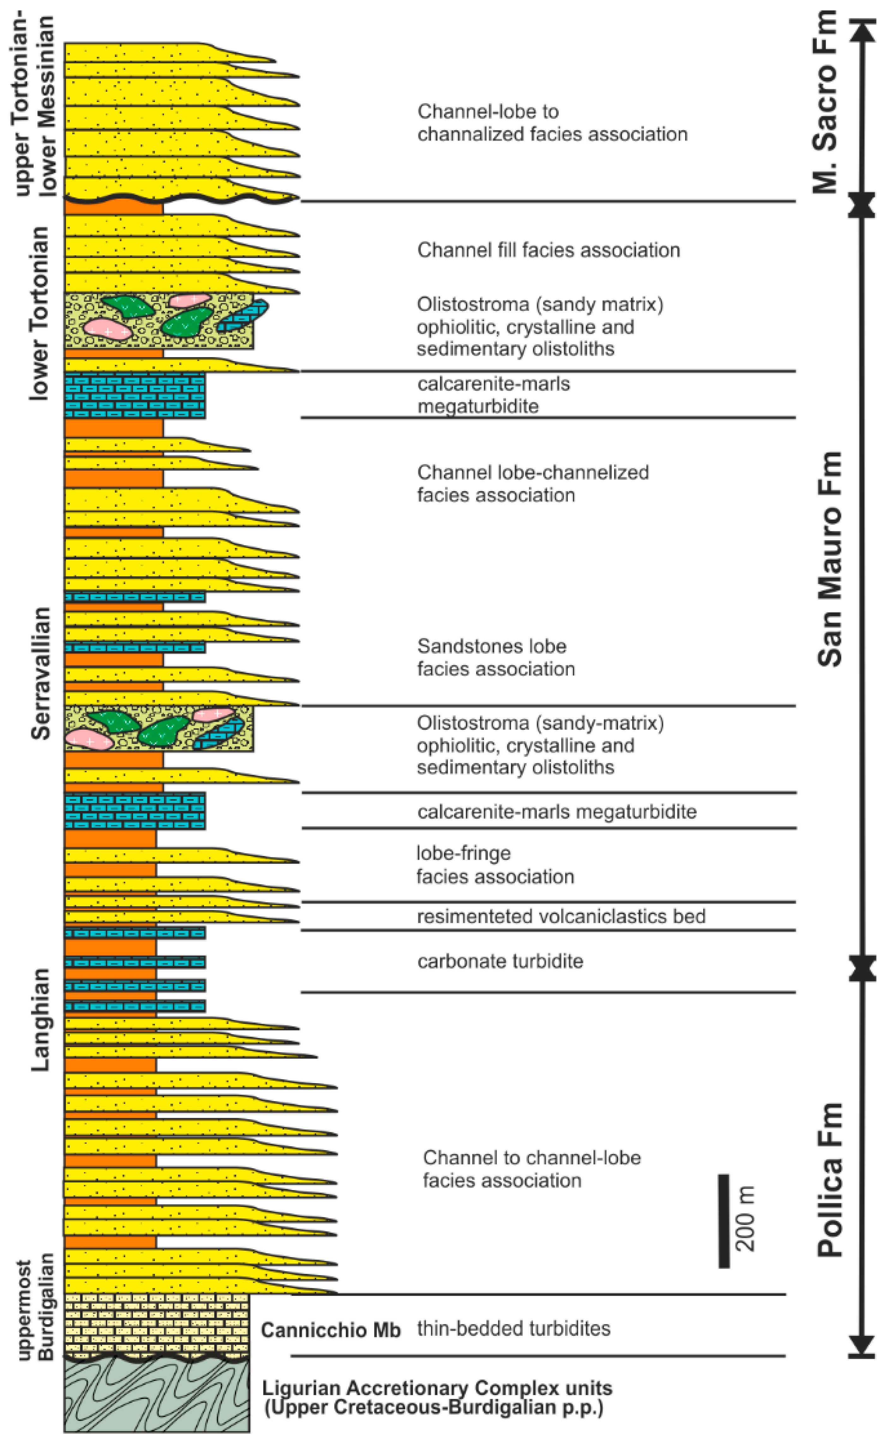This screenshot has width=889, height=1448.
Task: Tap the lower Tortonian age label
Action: point(40,314)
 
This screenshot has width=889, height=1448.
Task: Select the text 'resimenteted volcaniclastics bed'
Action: point(561,916)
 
